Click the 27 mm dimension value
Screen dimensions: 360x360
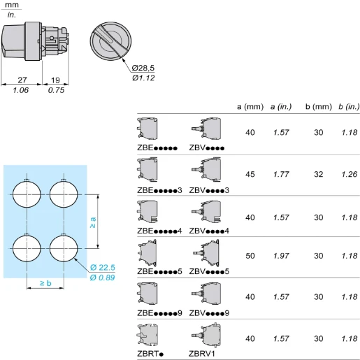pyautogui.click(x=22, y=80)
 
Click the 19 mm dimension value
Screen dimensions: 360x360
pyautogui.click(x=55, y=80)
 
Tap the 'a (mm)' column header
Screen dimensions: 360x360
pyautogui.click(x=250, y=106)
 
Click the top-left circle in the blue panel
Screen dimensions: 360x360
pyautogui.click(x=26, y=194)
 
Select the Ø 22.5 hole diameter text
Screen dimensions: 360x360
pyautogui.click(x=103, y=268)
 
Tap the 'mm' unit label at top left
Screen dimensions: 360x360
pyautogui.click(x=12, y=5)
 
